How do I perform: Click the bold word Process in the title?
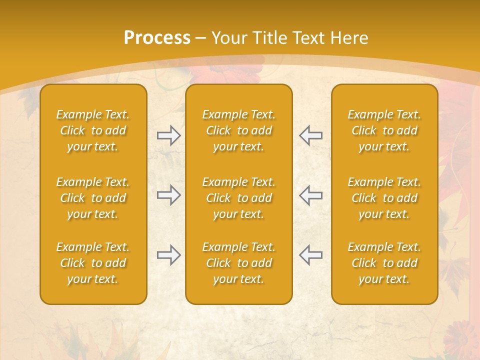[x=157, y=38]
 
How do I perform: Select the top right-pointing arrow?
[x=168, y=135]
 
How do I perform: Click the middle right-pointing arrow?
[x=168, y=195]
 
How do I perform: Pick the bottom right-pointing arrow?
[x=168, y=255]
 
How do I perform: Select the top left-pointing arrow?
[x=310, y=135]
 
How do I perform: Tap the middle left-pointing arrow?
[x=310, y=195]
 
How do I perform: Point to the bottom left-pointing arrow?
[x=310, y=255]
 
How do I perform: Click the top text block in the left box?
[x=93, y=130]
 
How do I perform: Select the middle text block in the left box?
[x=93, y=198]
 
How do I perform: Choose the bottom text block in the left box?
[x=93, y=263]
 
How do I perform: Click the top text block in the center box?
[x=238, y=130]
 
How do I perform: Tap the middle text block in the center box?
[x=238, y=198]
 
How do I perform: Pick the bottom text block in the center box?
[x=238, y=263]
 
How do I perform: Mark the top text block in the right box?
[x=384, y=130]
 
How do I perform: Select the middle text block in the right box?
[x=384, y=198]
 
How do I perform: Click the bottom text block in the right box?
[x=384, y=263]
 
